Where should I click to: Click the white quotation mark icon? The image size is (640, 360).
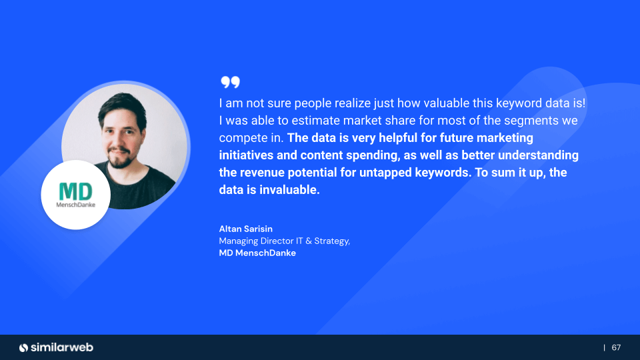pos(230,82)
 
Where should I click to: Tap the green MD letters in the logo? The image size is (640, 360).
pos(75,191)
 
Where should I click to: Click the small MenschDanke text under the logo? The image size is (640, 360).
pos(75,205)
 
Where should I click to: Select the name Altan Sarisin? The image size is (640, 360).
pos(246,229)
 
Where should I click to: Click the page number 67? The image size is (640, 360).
pos(616,347)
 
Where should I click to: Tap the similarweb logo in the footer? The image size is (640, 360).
pos(56,347)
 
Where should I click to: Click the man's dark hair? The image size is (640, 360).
pos(121,106)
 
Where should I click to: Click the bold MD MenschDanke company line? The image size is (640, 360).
pos(257,253)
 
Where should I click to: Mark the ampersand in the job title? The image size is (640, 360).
pos(308,241)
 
